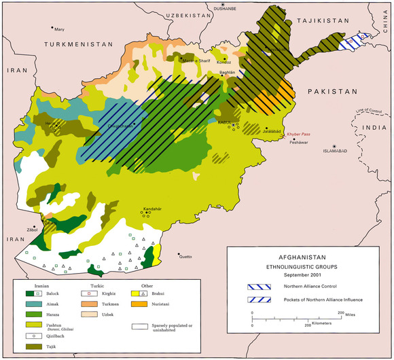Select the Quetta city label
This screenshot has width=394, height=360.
184,257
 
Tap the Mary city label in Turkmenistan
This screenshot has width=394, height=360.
59,29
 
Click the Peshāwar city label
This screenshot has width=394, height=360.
299,145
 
